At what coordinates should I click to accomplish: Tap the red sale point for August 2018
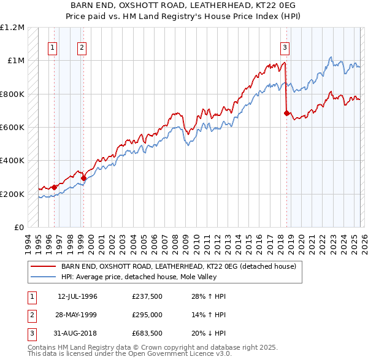click(x=286, y=113)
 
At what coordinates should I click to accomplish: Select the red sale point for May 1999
click(x=83, y=178)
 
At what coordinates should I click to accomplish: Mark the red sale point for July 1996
click(x=54, y=187)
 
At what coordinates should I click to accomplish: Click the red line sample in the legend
click(x=44, y=266)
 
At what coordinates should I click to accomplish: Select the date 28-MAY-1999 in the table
click(x=77, y=315)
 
